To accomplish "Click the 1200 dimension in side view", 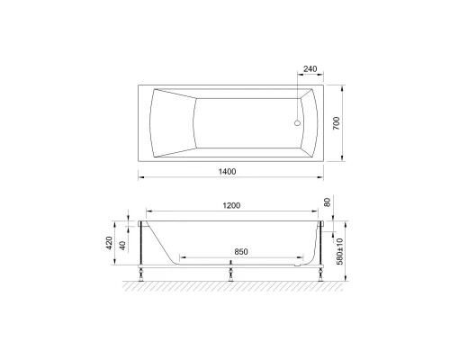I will point(231,206).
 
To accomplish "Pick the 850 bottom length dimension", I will point(238,252).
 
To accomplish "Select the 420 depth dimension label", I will point(109,243).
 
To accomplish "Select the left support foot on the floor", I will point(142,271).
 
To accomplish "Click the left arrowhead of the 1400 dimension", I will point(139,176).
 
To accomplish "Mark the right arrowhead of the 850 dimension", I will point(301,258).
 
